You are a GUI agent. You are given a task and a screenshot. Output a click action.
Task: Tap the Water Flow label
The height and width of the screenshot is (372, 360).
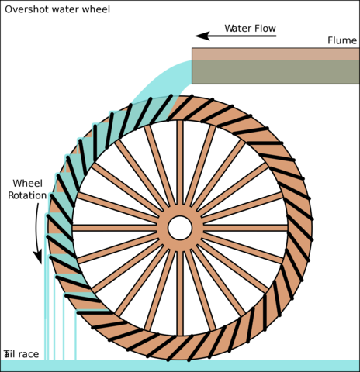[x=250, y=29]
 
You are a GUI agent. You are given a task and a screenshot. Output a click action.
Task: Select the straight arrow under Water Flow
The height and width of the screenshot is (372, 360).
[x=241, y=36]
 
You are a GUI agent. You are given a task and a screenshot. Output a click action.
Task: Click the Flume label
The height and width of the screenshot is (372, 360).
[x=341, y=40]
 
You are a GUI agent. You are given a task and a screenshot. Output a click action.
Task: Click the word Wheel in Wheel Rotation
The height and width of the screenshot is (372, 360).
[x=27, y=184]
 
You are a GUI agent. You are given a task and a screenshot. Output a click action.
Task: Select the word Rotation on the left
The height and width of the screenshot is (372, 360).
[x=27, y=195]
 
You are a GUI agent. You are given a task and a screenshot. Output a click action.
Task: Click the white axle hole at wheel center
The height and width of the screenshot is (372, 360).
[x=180, y=228]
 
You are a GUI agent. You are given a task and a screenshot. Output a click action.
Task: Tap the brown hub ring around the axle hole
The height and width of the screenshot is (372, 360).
[x=180, y=211]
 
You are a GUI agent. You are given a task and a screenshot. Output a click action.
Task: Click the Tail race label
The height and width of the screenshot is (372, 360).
[x=21, y=354]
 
